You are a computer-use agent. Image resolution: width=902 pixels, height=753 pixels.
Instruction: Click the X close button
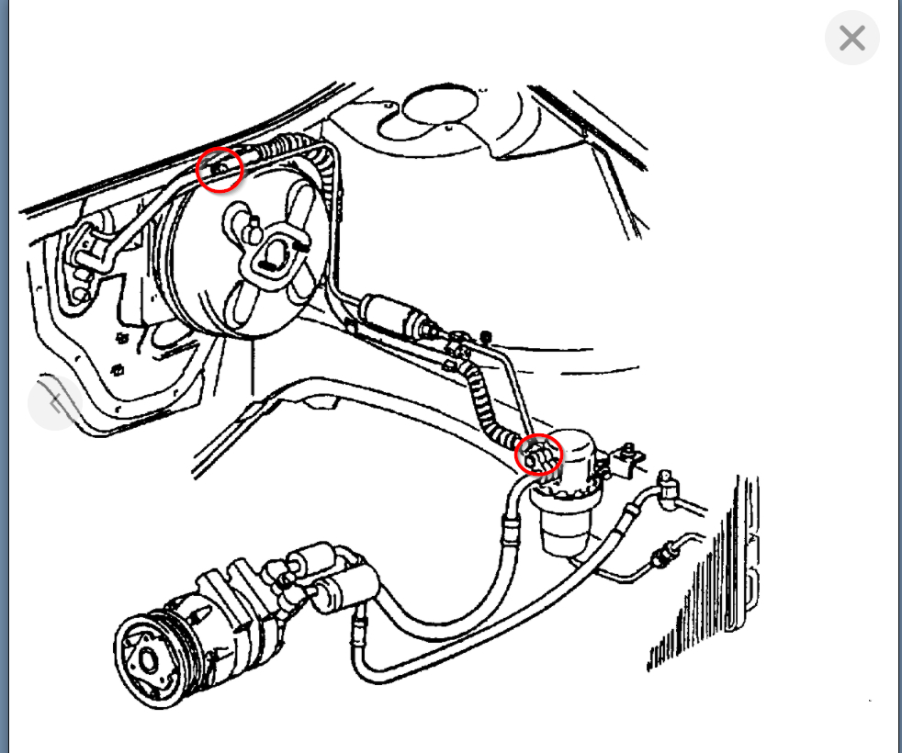pyautogui.click(x=851, y=38)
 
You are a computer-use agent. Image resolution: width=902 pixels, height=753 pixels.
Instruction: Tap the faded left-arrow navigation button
pyautogui.click(x=55, y=403)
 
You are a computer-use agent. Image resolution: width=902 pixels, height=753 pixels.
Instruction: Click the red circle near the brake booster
pyautogui.click(x=220, y=170)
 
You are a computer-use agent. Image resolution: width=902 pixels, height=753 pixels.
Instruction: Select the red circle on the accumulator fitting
pyautogui.click(x=539, y=455)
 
